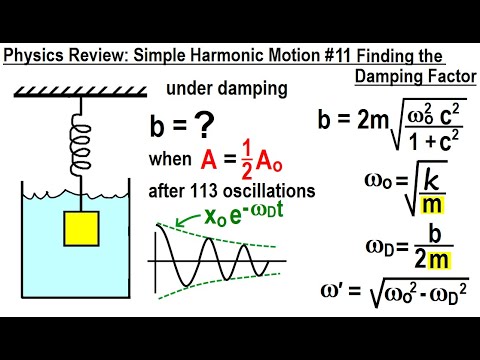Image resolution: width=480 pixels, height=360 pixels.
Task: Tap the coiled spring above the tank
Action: click(x=71, y=131)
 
